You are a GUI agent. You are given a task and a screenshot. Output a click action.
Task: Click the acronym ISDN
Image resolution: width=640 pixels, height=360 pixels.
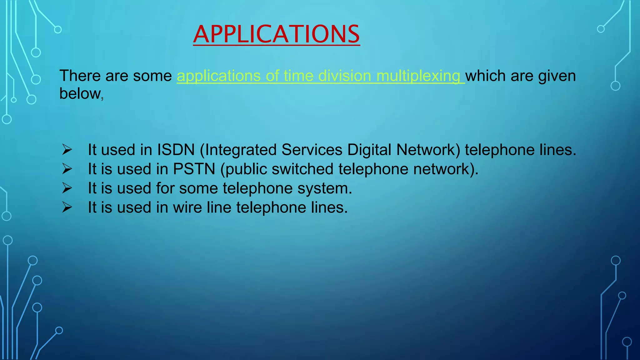[176, 150]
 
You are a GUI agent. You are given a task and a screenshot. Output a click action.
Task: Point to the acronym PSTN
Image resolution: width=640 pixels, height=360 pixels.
[194, 169]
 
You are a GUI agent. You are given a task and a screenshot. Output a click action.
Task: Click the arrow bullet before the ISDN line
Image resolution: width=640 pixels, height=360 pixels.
[67, 150]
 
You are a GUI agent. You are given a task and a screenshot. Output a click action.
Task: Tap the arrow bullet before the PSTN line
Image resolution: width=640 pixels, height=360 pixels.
[67, 169]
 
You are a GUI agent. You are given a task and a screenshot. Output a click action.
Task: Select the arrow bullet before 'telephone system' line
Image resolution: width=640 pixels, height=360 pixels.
[67, 188]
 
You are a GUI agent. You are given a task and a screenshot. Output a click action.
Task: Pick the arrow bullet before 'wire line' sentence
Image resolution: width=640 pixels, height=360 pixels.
[67, 207]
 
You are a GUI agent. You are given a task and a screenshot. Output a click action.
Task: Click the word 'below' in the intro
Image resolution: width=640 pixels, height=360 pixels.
[80, 93]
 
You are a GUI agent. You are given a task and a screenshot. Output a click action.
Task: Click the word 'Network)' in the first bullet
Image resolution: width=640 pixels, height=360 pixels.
[428, 150]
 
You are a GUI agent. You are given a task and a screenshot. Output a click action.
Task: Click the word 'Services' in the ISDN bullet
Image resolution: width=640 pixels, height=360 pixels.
[312, 150]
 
